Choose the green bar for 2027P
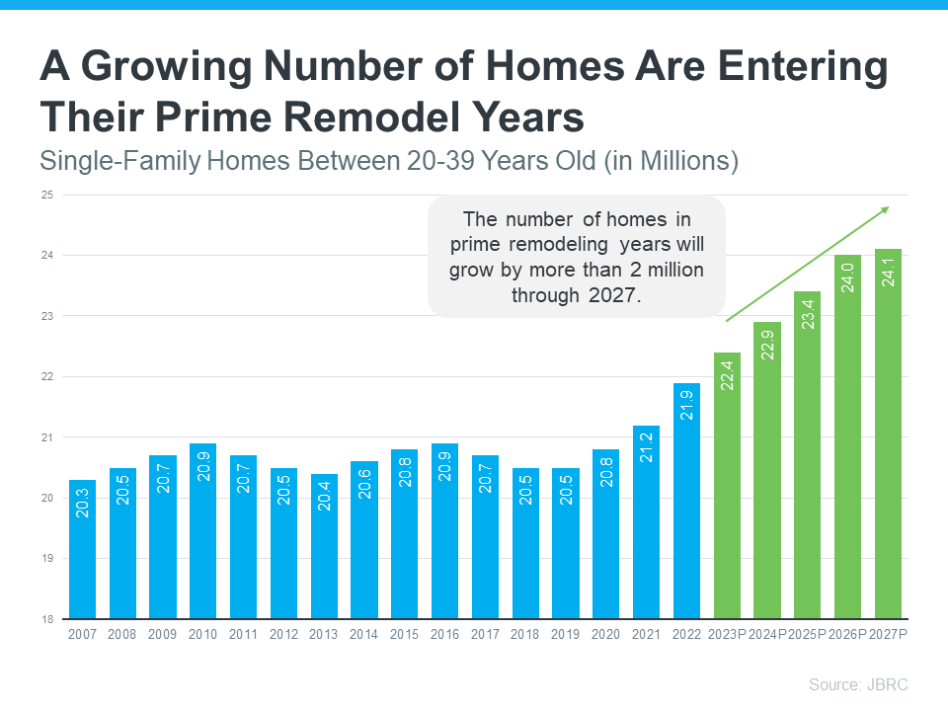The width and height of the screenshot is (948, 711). click(888, 434)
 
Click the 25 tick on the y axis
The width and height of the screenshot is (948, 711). click(46, 195)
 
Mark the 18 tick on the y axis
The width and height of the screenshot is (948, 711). click(46, 619)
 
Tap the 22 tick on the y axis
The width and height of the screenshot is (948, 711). click(46, 376)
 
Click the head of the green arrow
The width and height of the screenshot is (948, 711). click(885, 209)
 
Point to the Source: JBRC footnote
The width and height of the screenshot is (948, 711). click(858, 684)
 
